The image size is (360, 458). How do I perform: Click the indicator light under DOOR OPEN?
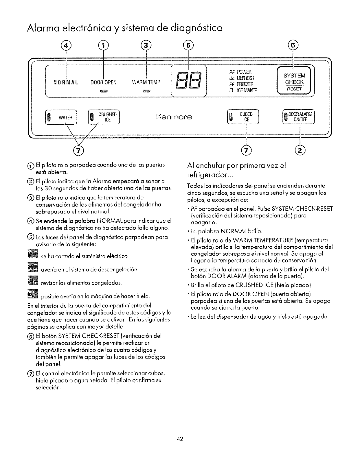pyautogui.click(x=104, y=91)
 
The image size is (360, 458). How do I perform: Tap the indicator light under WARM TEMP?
pyautogui.click(x=146, y=91)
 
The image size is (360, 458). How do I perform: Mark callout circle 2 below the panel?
pyautogui.click(x=300, y=150)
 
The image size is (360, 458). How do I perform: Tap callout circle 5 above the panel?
pyautogui.click(x=188, y=46)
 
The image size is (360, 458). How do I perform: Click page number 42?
pyautogui.click(x=179, y=439)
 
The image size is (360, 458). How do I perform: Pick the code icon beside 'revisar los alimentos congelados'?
pyautogui.click(x=32, y=281)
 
